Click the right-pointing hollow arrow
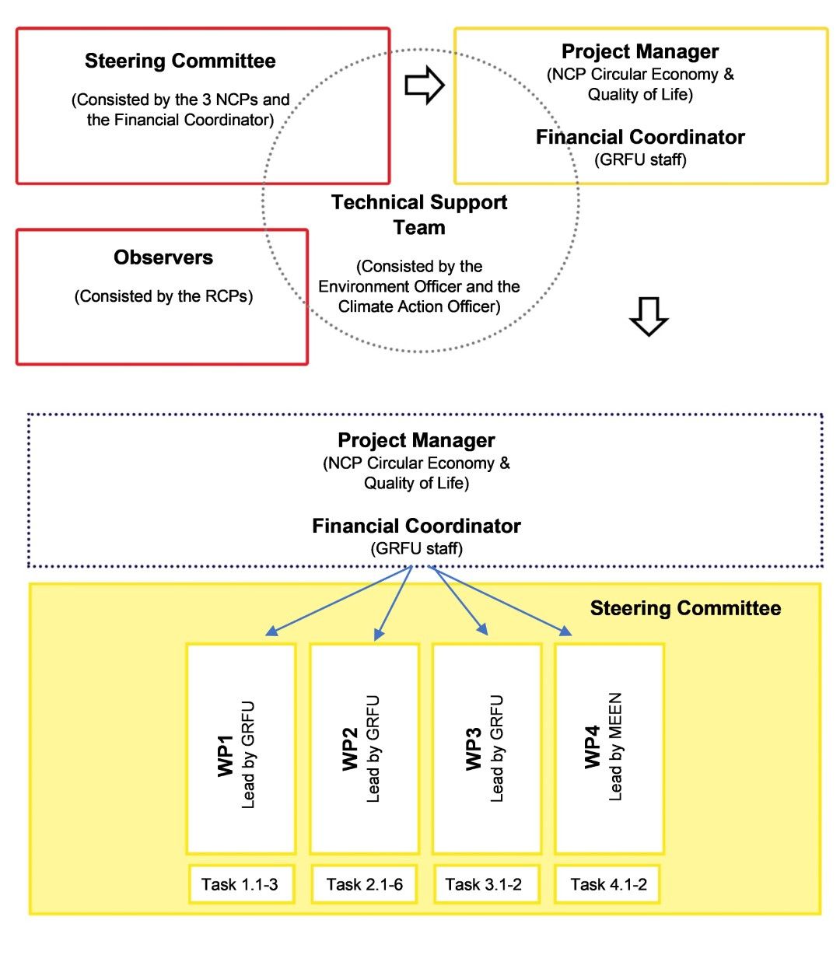coord(424,85)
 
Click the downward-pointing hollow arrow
coord(648,317)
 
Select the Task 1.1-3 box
coord(241,883)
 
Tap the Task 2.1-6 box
coord(364,883)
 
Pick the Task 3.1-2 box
coord(486,883)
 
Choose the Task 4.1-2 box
coord(607,883)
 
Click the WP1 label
coord(226,756)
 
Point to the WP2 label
coord(350,749)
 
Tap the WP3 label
coord(474,749)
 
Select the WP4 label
coord(592,747)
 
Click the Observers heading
coord(163,257)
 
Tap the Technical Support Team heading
coord(418,215)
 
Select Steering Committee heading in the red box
coord(180,61)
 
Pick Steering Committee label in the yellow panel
coord(685,607)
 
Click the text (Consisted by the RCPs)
coord(163,296)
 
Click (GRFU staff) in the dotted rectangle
coord(416,548)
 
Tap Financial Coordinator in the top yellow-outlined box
coord(640,137)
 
